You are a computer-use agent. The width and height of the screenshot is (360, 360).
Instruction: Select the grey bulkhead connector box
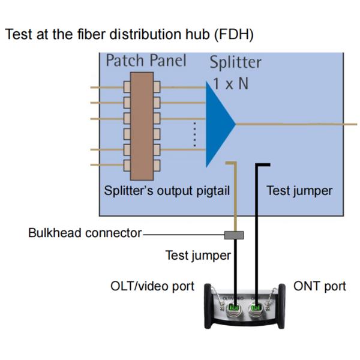tap(233, 233)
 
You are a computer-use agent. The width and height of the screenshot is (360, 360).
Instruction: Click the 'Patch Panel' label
tap(146, 61)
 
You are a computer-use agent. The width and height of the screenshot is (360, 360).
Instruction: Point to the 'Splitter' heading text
tap(235, 62)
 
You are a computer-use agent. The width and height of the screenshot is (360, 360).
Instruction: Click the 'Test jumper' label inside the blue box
tap(299, 190)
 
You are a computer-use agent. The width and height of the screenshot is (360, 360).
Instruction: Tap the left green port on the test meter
tap(233, 308)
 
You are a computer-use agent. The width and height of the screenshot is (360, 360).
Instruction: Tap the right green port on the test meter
tap(256, 308)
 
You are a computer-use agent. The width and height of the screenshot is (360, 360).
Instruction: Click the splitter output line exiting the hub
tap(300, 124)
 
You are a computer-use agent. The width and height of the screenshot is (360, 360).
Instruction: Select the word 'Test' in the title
tap(17, 35)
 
